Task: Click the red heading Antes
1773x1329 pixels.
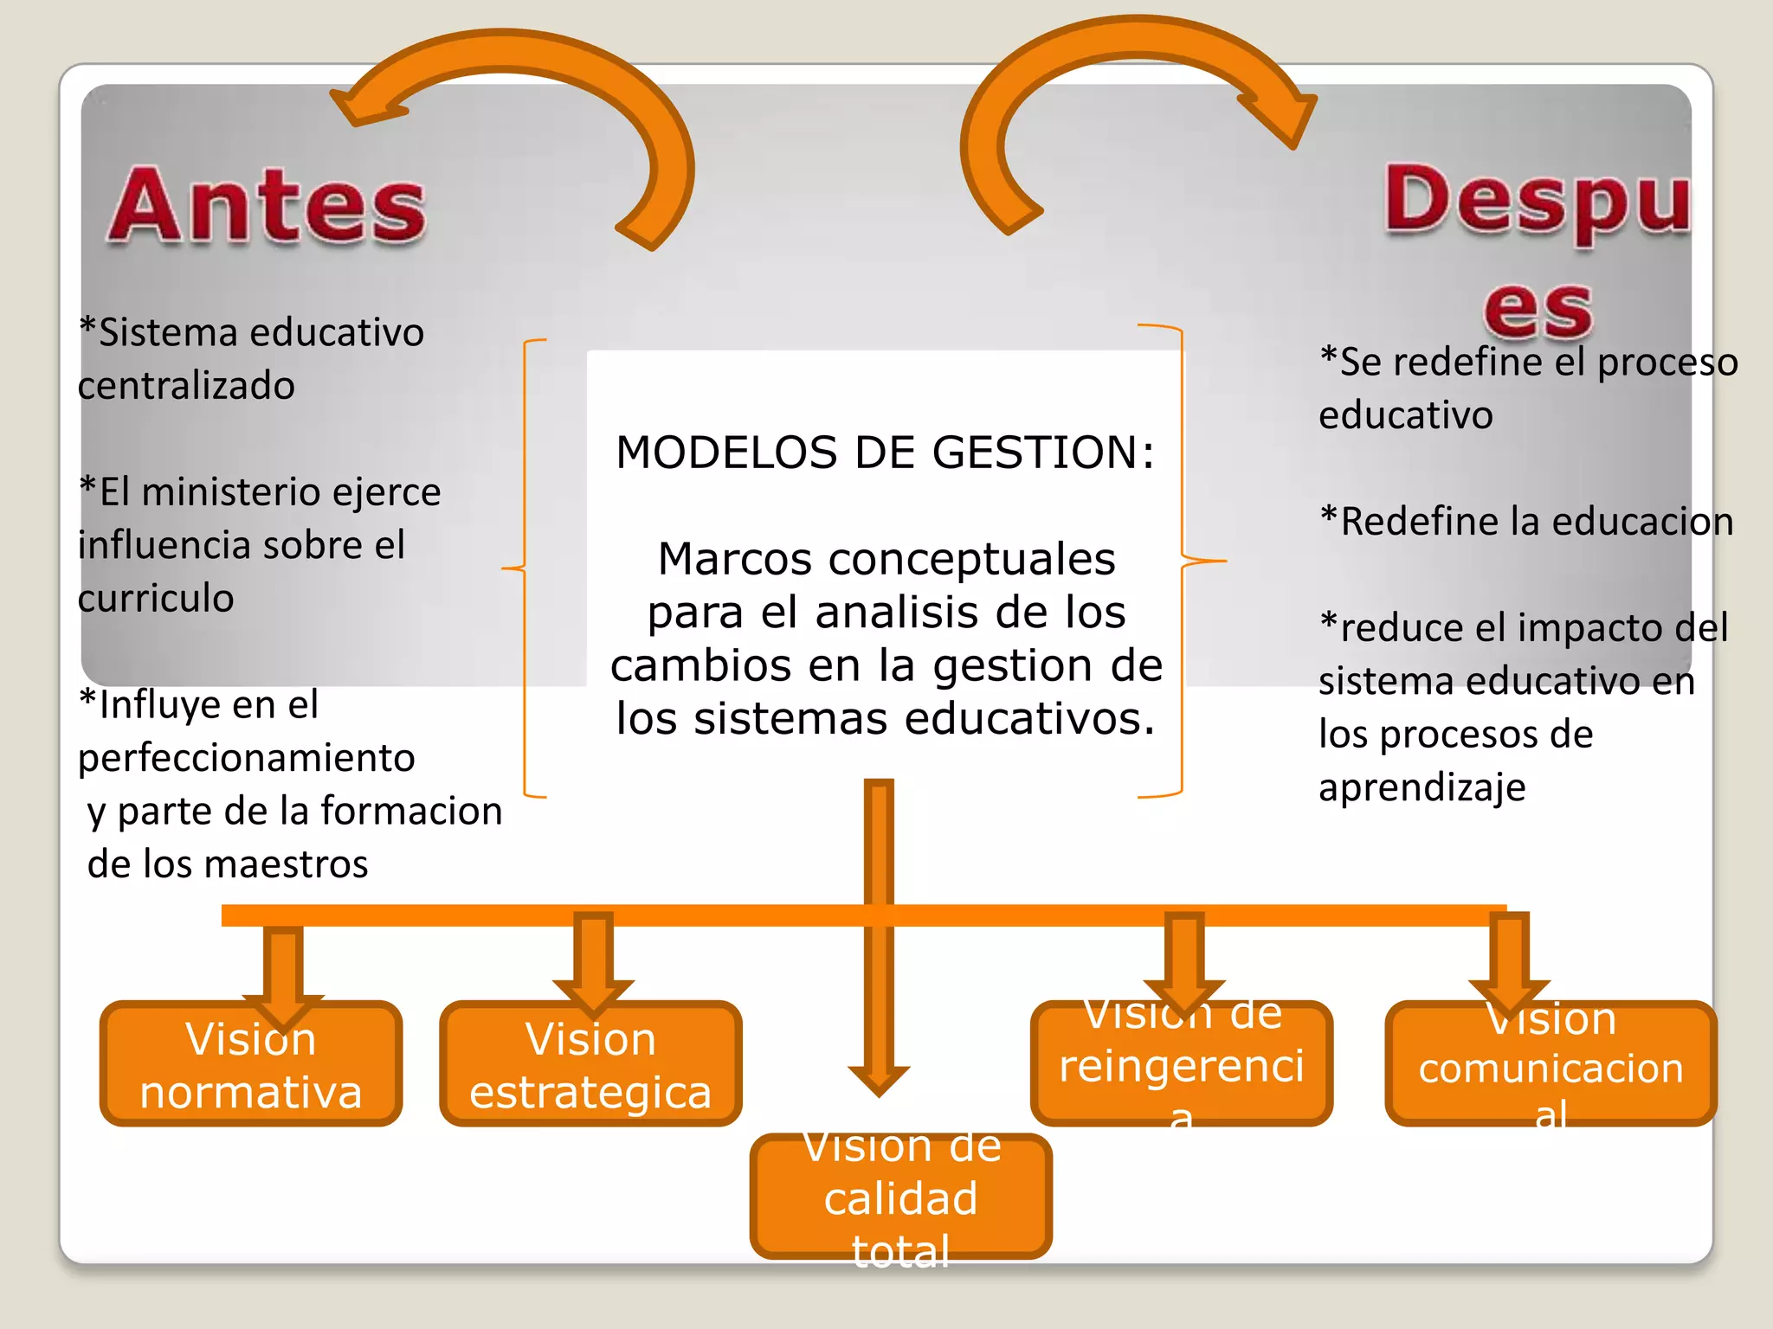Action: (268, 206)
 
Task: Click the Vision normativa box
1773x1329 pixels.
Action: (251, 1064)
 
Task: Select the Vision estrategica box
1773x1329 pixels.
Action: (590, 1064)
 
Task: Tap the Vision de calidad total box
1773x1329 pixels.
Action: (901, 1197)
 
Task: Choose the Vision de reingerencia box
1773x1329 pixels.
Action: (1182, 1064)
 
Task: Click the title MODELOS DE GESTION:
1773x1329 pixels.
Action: (886, 453)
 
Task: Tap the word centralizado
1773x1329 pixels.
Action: (186, 386)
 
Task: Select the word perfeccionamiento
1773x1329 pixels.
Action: (247, 758)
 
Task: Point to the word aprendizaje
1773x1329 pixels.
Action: (1422, 788)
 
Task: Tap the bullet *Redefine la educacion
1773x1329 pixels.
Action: (1526, 522)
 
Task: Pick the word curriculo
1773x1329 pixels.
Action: (156, 599)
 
